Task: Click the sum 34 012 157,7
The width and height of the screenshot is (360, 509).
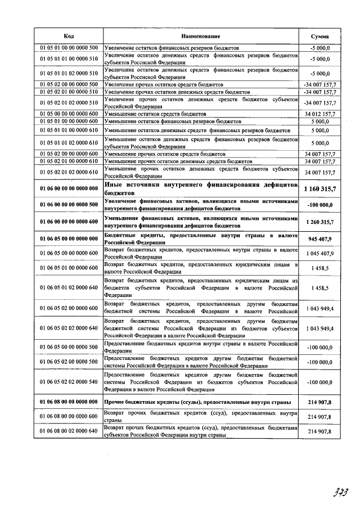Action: (319, 114)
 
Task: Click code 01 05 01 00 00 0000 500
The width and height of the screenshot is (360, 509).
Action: (69, 48)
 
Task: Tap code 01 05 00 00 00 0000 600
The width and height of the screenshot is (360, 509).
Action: (69, 114)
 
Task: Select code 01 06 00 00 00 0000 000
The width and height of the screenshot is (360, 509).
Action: (69, 188)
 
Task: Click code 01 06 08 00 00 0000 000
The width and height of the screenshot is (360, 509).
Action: (69, 402)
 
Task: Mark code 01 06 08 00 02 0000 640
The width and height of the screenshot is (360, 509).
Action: (69, 431)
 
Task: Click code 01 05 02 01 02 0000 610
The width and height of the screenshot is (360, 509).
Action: (69, 172)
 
